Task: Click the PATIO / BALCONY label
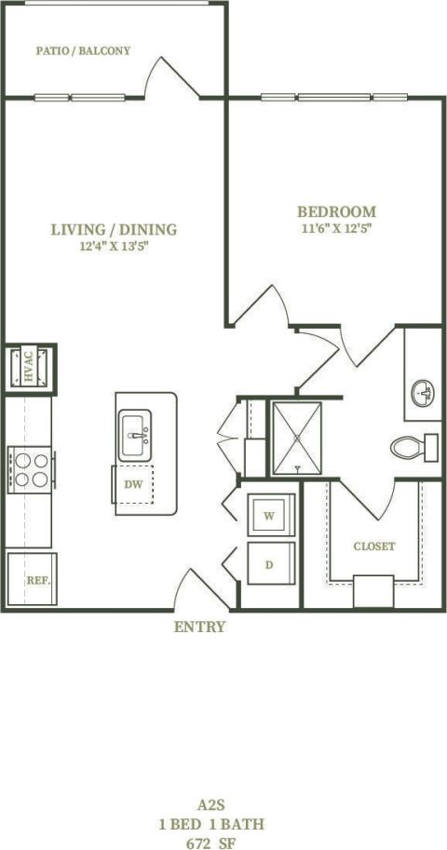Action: [x=83, y=51]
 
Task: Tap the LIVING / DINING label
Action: [x=114, y=230]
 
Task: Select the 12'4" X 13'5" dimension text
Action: [x=114, y=247]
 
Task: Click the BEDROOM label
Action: [x=336, y=211]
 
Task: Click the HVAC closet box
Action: [x=29, y=365]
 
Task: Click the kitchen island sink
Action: [x=136, y=435]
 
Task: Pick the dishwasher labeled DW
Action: [x=134, y=485]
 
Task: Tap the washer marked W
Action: [x=269, y=515]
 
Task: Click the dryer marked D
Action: [x=269, y=564]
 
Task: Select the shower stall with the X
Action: [x=297, y=438]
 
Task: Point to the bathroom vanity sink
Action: [x=423, y=392]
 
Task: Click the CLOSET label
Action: [x=373, y=546]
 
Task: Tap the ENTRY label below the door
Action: [x=199, y=627]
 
